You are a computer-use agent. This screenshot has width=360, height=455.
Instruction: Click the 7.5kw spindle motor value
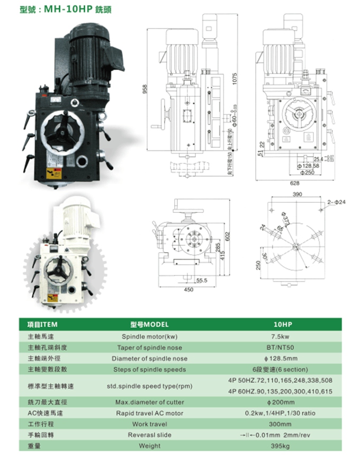[x=280, y=336]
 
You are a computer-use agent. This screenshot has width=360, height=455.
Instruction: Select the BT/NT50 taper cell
[x=280, y=347]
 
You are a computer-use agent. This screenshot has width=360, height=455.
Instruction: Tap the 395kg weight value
[x=280, y=446]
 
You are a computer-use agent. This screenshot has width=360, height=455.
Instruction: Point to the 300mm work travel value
[x=280, y=424]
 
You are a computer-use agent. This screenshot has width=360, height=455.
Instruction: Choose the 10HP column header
[x=280, y=324]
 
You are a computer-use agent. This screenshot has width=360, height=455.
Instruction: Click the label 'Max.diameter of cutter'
[x=149, y=402]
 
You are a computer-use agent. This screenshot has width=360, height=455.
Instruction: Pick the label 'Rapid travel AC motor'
[x=149, y=413]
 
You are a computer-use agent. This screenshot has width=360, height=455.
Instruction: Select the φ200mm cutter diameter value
[x=280, y=402]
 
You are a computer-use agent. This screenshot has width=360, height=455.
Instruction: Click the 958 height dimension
[x=146, y=91]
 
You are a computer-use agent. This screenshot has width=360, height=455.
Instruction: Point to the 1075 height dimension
[x=234, y=79]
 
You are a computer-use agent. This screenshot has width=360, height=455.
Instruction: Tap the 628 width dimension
[x=294, y=183]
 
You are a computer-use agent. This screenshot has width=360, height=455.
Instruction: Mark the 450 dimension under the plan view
[x=188, y=290]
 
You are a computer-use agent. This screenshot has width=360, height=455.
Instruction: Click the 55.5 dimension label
[x=201, y=281]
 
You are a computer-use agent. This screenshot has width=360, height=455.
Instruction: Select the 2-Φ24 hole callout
[x=336, y=201]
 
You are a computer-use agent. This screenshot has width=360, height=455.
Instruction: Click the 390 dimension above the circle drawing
[x=297, y=194]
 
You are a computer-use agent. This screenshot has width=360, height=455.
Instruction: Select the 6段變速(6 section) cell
[x=280, y=369]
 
